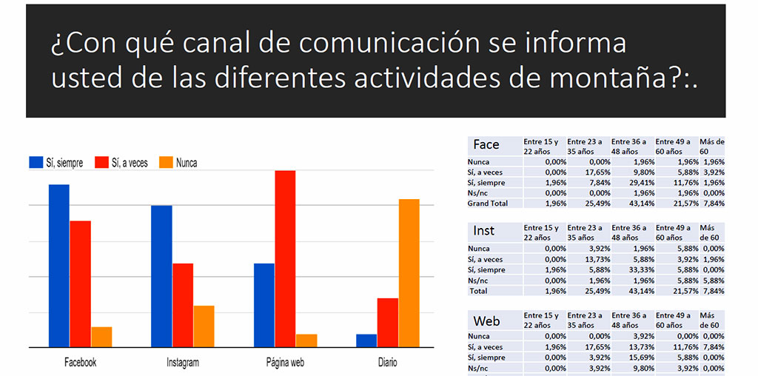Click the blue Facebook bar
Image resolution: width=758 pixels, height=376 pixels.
[59, 266]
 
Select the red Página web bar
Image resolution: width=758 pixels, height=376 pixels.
[285, 259]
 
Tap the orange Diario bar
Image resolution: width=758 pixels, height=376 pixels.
[409, 273]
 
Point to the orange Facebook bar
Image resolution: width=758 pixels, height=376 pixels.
[101, 337]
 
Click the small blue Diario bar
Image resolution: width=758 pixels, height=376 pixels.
[366, 340]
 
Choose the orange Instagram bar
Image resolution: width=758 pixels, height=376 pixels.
[204, 326]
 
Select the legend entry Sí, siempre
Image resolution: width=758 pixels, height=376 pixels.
[56, 163]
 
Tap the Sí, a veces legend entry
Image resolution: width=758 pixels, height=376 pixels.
[121, 163]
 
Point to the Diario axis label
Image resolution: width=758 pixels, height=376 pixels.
[387, 363]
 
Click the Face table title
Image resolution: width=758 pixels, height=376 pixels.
[486, 144]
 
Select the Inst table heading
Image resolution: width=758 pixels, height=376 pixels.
[484, 232]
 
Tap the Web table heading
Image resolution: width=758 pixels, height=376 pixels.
[486, 321]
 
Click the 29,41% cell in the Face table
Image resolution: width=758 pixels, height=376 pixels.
[632, 183]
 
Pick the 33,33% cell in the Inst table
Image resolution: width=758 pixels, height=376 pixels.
[632, 270]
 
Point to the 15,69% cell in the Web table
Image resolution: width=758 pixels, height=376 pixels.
[632, 357]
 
